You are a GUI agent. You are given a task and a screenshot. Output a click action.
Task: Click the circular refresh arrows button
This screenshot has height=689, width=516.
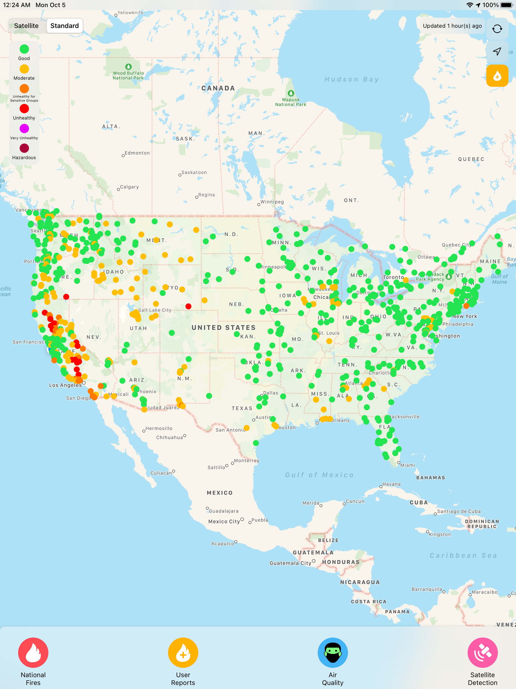(497, 29)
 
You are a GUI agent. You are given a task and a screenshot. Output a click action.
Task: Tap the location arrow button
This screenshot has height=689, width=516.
(497, 51)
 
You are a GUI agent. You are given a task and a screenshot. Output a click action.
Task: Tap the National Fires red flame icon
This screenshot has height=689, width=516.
(33, 652)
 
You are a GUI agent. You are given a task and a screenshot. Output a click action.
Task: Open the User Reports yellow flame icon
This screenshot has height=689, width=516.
(183, 652)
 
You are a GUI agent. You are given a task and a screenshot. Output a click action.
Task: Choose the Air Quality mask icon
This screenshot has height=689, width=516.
(333, 652)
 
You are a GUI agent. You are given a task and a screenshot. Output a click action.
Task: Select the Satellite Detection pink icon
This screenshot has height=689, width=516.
(482, 652)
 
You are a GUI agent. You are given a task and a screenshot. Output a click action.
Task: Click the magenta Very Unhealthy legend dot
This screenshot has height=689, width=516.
(24, 128)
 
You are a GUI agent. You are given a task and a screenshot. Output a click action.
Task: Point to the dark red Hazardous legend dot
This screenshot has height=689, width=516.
(24, 148)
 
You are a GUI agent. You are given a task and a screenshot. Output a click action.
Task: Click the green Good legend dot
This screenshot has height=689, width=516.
(24, 49)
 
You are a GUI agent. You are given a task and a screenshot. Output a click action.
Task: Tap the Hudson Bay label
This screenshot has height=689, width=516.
(352, 79)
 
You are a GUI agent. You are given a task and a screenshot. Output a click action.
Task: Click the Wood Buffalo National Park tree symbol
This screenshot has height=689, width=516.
(128, 67)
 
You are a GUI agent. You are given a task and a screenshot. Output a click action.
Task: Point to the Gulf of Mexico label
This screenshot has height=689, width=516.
(319, 475)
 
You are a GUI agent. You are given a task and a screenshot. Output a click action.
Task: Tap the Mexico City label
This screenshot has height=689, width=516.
(224, 522)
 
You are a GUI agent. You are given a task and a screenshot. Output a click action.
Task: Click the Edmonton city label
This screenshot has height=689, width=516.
(137, 153)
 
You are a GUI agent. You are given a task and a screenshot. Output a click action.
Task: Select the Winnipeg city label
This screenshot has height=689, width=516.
(272, 202)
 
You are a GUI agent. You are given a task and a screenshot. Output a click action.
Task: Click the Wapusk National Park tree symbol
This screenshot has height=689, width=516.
(291, 93)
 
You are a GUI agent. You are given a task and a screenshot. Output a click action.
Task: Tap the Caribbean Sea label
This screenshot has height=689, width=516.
(463, 555)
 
